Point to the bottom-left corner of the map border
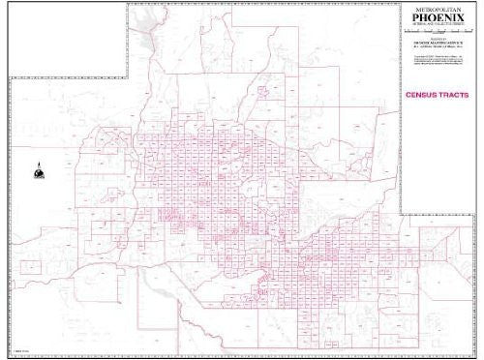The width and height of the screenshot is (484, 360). pyautogui.click(x=9, y=353)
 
